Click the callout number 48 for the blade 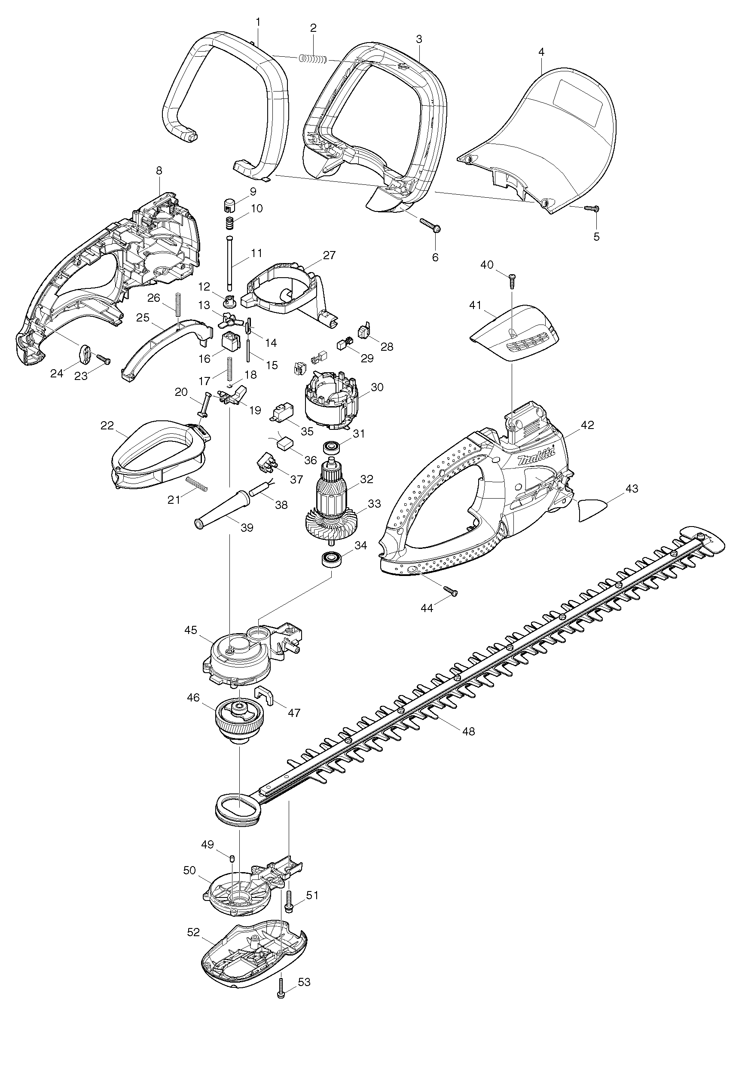[468, 731]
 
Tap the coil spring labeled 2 [313, 59]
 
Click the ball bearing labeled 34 [332, 558]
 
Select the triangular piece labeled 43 [594, 509]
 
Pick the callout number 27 [330, 255]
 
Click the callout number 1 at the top [258, 21]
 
